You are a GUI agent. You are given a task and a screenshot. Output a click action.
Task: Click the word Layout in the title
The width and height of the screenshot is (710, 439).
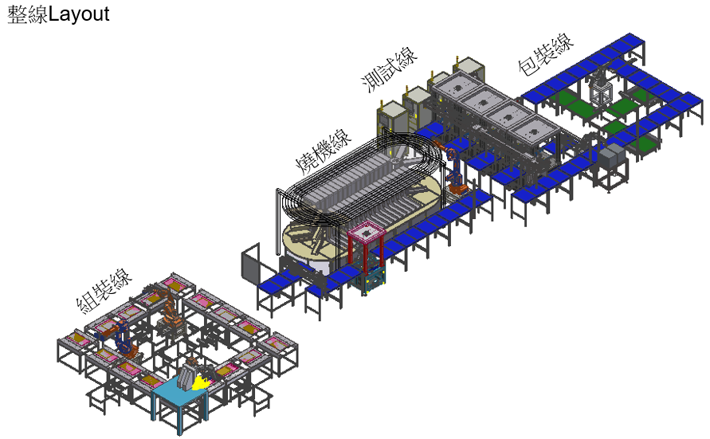click(78, 14)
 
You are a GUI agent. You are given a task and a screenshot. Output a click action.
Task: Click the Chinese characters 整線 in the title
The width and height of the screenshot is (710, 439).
click(28, 14)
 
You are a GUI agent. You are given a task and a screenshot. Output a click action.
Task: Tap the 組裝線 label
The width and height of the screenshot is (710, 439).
click(104, 291)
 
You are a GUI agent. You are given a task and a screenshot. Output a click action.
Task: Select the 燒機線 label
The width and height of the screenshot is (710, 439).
click(324, 151)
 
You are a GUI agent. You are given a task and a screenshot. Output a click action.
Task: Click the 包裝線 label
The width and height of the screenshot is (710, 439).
click(546, 53)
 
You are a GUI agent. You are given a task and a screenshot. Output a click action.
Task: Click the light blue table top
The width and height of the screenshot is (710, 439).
click(178, 391)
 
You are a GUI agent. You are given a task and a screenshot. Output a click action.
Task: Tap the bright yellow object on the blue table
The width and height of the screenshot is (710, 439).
click(201, 383)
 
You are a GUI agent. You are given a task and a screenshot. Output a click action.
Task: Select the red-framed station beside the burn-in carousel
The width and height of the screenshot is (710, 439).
click(367, 247)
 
